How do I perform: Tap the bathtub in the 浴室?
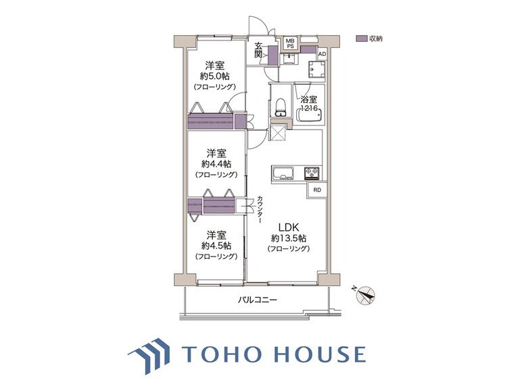[310, 117]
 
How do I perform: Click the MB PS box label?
[290, 44]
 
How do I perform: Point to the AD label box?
[322, 54]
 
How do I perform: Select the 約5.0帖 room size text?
[216, 77]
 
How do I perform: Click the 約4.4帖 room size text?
[216, 164]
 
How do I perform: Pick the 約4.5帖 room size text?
[216, 246]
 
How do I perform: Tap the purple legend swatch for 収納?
[361, 38]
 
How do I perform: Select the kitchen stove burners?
[312, 172]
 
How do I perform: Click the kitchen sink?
[283, 172]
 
